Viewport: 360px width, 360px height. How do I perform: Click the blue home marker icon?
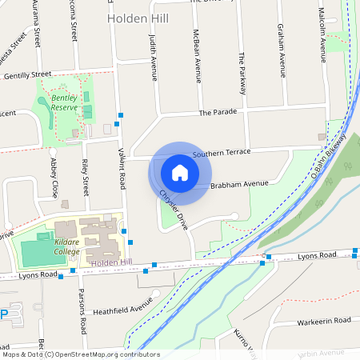180,173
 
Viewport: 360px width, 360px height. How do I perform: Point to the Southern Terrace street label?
221,152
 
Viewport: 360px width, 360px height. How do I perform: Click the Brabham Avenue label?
239,184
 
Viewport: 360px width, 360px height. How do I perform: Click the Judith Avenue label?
153,58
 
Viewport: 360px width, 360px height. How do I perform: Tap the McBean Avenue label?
198,58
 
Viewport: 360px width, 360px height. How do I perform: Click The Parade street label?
218,112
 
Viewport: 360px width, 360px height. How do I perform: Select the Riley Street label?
85,178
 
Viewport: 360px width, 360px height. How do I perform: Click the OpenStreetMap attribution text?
70,354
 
